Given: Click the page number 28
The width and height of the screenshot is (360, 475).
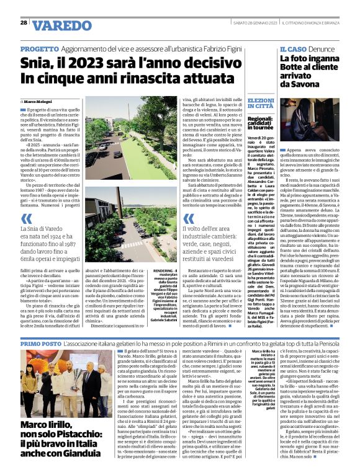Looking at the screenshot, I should click(23, 22).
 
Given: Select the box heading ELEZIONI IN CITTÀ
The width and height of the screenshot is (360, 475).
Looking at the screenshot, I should click(260, 103).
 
